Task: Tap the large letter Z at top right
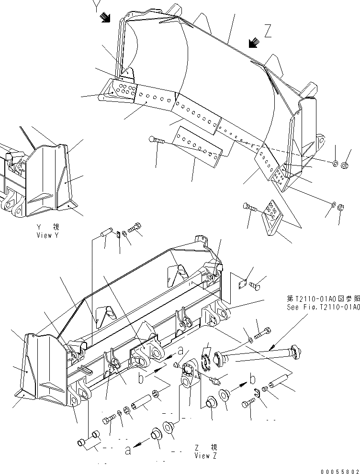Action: [x=268, y=32]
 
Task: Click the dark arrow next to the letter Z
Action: [x=254, y=43]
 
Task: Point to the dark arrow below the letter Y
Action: [x=105, y=18]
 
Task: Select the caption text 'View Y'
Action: [x=48, y=235]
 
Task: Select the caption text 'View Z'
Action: [x=206, y=455]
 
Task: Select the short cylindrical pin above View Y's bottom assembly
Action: [x=108, y=231]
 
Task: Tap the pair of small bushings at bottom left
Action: [x=88, y=437]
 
